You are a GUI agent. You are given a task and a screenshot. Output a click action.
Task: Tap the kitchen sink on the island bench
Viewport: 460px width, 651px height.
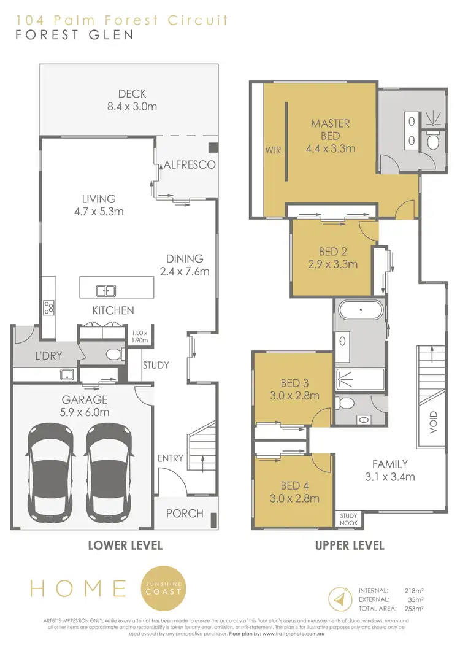pyautogui.click(x=106, y=290)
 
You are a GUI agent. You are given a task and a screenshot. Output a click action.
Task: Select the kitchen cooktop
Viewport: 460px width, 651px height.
pyautogui.click(x=49, y=307)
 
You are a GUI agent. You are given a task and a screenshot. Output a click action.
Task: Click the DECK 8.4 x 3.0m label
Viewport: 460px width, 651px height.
pyautogui.click(x=132, y=99)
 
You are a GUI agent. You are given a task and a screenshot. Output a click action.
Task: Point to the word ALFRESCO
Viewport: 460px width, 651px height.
pyautogui.click(x=189, y=164)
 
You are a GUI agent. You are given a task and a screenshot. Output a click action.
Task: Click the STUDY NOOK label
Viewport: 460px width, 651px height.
pyautogui.click(x=349, y=520)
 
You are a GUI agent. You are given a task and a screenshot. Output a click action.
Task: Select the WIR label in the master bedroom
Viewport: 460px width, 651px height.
pyautogui.click(x=272, y=150)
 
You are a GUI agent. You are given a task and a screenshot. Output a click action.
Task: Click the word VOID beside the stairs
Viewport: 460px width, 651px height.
pyautogui.click(x=434, y=422)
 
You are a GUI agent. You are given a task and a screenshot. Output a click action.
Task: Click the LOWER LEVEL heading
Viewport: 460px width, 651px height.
pyautogui.click(x=125, y=545)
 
